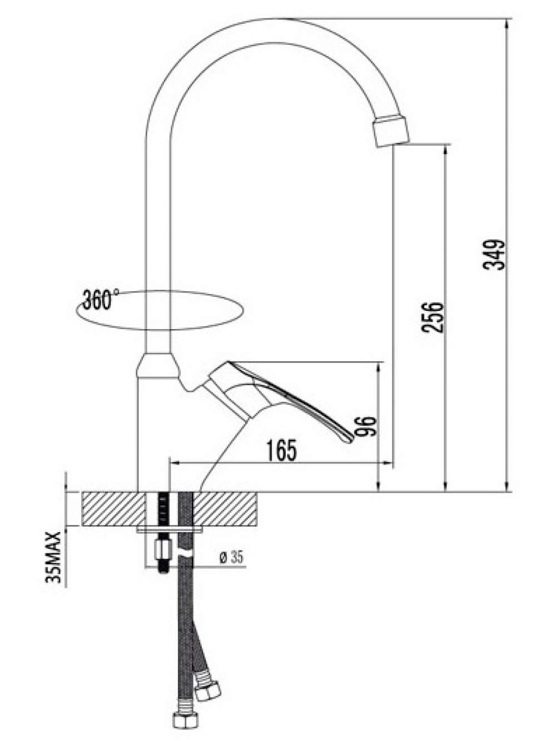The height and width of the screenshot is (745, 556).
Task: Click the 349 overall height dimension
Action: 494,255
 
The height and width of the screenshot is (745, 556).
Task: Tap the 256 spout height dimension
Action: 433,317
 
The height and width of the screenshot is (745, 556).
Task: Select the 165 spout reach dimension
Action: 281,450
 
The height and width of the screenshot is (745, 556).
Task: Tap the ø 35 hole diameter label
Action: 231,557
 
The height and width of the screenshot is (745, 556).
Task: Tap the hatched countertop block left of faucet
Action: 113,508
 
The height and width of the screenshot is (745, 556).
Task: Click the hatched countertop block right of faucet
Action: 225,508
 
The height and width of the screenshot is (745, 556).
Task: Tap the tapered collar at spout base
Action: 157,365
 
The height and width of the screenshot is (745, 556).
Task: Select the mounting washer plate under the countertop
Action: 170,529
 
